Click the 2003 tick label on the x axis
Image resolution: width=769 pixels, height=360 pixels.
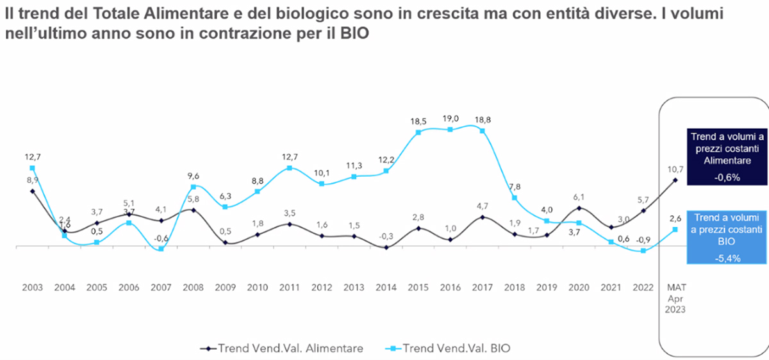tap(32, 288)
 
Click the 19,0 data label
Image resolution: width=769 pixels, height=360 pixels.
tap(450, 118)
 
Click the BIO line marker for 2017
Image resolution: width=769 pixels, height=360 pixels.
tap(482, 131)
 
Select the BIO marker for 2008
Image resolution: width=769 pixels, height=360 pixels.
tap(193, 187)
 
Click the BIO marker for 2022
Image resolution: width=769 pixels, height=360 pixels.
tap(643, 251)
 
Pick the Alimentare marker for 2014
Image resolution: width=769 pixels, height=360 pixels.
tap(385, 247)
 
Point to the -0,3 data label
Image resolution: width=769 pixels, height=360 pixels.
tap(385, 236)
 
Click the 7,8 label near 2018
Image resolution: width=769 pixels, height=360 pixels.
tap(514, 186)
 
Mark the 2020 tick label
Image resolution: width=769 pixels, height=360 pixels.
tap(579, 288)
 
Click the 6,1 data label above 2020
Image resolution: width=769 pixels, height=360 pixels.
tap(579, 197)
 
